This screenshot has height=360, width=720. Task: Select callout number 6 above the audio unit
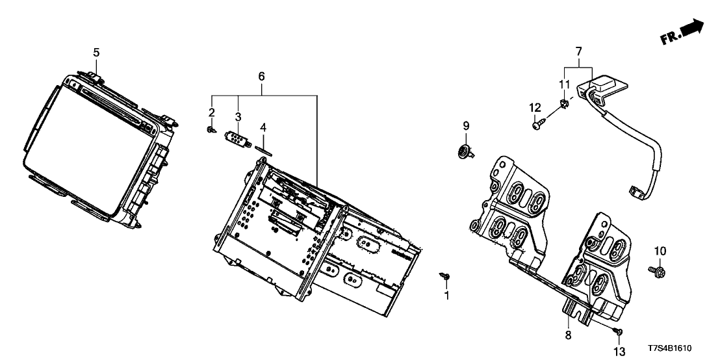pos(261,76)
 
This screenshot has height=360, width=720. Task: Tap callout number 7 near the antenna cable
pos(578,51)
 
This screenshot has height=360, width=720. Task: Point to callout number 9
pos(465,125)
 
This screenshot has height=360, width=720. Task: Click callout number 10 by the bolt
pos(660,251)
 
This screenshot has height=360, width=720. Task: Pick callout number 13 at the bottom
pos(619,352)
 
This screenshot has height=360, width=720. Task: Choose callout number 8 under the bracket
pos(568,335)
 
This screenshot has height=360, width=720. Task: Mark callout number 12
pos(535,107)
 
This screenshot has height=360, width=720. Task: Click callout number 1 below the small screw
pos(446,296)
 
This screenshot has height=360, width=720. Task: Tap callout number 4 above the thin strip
pos(263,126)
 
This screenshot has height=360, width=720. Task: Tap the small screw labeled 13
pos(619,333)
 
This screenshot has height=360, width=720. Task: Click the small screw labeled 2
pos(211,131)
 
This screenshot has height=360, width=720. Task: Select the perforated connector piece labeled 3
pos(238,139)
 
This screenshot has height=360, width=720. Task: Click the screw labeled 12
pos(537,125)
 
